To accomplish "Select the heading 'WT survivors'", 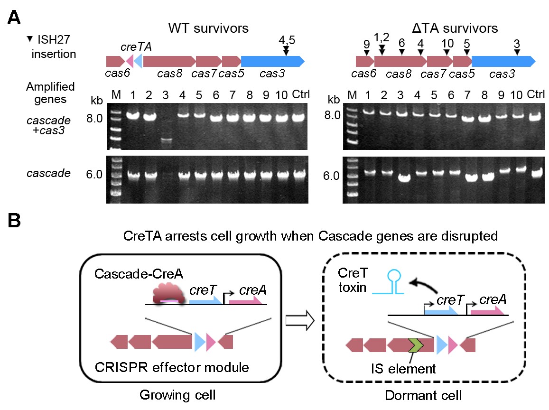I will click(x=209, y=28).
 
